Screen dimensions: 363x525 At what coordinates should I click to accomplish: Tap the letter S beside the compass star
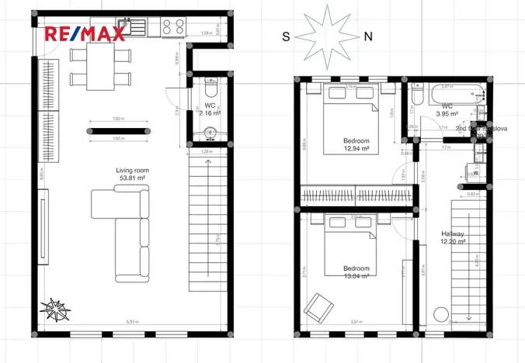286,36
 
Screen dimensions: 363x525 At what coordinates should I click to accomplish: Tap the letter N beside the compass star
368,36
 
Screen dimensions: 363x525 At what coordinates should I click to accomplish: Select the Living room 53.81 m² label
132,174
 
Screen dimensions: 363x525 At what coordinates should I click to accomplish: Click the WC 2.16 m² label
210,109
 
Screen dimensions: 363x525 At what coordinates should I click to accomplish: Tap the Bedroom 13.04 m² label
357,272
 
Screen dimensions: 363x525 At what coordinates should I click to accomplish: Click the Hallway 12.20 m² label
454,237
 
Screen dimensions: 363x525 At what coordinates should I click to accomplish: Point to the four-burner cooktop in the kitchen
173,27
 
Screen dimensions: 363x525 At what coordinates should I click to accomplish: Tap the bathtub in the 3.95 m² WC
450,95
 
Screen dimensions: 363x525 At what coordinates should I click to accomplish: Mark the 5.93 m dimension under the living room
133,322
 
